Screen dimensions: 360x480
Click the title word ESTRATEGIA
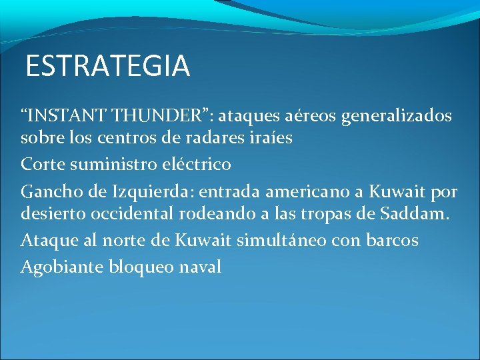click(x=108, y=67)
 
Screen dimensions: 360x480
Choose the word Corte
click(x=43, y=164)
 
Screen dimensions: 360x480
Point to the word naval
click(x=200, y=267)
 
